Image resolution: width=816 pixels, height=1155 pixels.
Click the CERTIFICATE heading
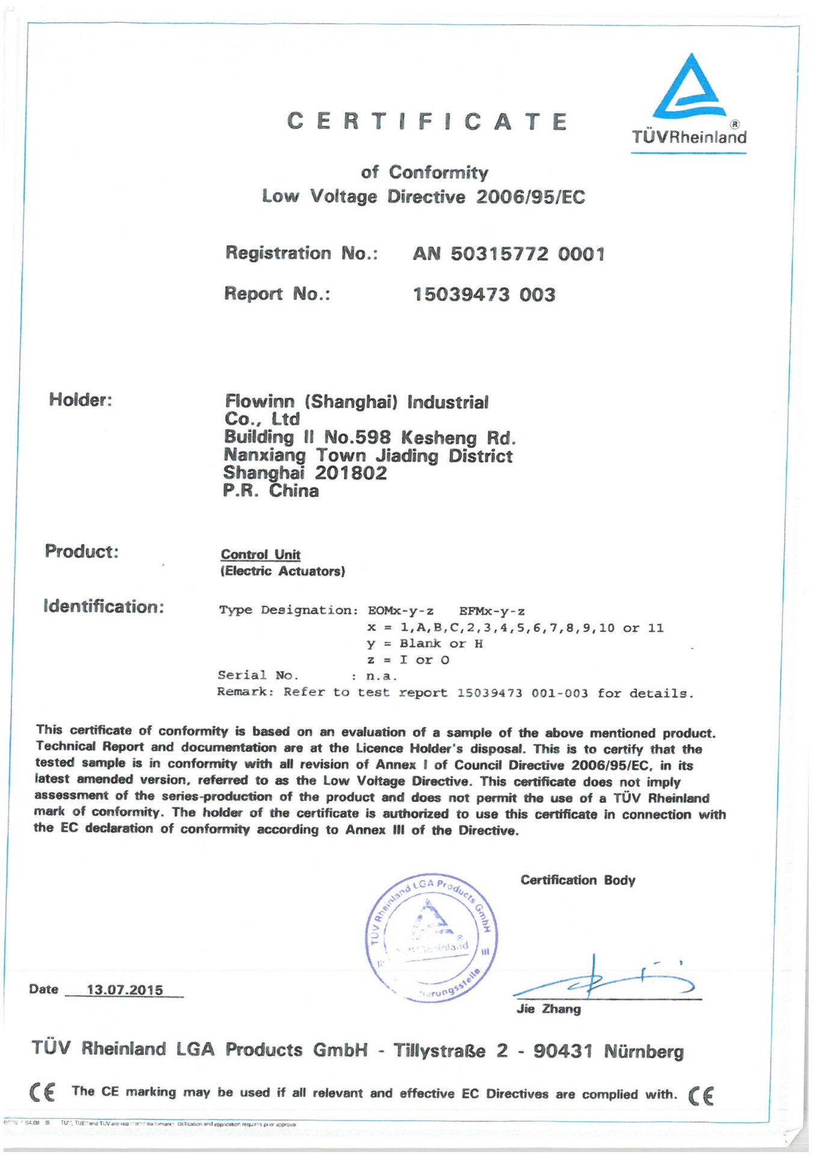[428, 122]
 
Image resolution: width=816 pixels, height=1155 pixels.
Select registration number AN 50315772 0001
[508, 254]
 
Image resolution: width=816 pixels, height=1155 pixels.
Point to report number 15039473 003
[483, 295]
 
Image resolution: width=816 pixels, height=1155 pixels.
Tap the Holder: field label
[81, 399]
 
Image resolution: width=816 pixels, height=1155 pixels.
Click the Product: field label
[82, 551]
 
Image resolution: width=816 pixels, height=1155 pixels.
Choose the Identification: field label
[103, 606]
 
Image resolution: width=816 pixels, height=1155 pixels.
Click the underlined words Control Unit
[260, 555]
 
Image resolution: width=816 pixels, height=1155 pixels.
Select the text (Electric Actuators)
[283, 571]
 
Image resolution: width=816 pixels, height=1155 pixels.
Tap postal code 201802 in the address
[351, 473]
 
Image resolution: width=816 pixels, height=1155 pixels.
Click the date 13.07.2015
[125, 990]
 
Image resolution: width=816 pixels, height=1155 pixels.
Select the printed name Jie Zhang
[548, 1009]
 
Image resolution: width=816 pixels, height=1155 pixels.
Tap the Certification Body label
[577, 880]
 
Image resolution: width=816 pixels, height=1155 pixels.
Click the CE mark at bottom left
[42, 1092]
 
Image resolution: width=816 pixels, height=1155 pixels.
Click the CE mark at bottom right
[701, 1095]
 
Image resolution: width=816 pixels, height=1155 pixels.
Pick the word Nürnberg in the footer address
[643, 1052]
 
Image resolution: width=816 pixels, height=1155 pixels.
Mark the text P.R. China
[271, 491]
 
